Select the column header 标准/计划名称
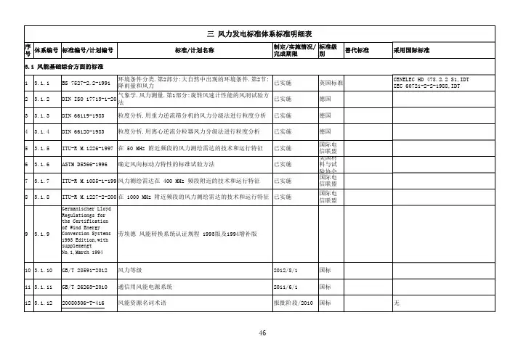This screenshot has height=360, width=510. pos(195,51)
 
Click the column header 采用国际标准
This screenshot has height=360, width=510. pos(412,51)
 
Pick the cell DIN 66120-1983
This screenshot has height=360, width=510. pos(86,131)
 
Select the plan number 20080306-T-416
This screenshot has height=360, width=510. pos(84,301)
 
